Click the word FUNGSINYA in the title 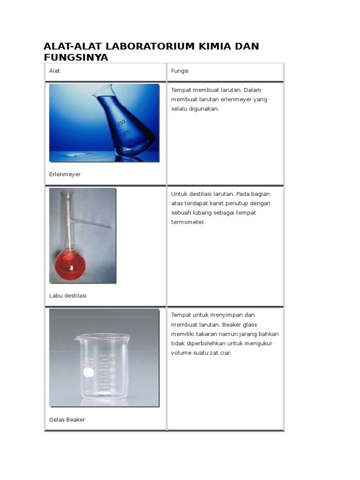pyautogui.click(x=75, y=58)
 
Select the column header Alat pyautogui.click(x=55, y=71)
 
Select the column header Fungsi pyautogui.click(x=180, y=71)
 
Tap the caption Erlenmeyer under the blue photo pyautogui.click(x=65, y=174)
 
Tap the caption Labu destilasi pyautogui.click(x=68, y=296)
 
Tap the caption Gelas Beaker pyautogui.click(x=67, y=420)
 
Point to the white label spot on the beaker pyautogui.click(x=87, y=373)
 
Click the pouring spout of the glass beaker pyautogui.click(x=76, y=338)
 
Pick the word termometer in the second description pyautogui.click(x=188, y=222)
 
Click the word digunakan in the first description pyautogui.click(x=204, y=109)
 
